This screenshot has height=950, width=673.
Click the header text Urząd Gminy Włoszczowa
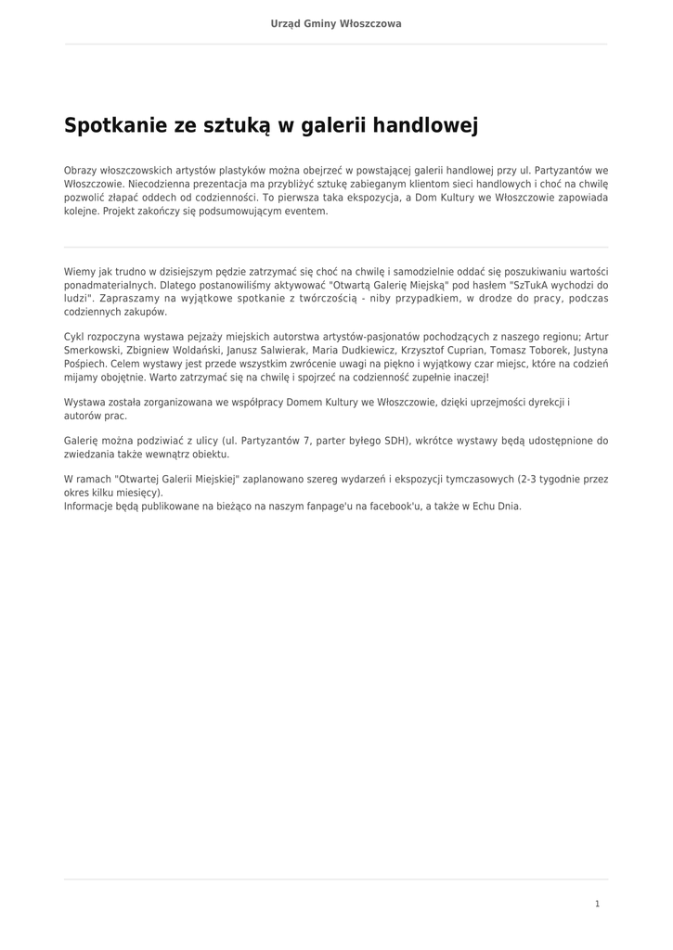(x=336, y=23)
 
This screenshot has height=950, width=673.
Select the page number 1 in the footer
(x=597, y=904)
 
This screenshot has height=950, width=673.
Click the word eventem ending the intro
(x=306, y=212)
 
